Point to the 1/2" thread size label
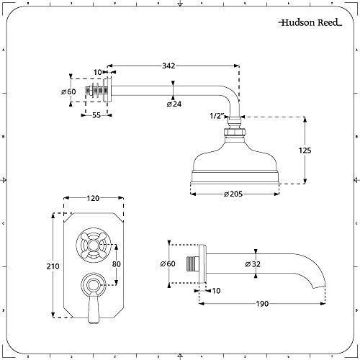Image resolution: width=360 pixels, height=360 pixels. click(215, 114)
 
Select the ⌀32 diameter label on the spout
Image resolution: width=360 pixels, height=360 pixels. click(253, 264)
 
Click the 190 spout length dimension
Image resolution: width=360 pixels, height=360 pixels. click(261, 305)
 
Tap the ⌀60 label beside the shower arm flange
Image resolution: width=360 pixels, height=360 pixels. click(68, 91)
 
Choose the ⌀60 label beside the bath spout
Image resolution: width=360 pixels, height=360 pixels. click(166, 264)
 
